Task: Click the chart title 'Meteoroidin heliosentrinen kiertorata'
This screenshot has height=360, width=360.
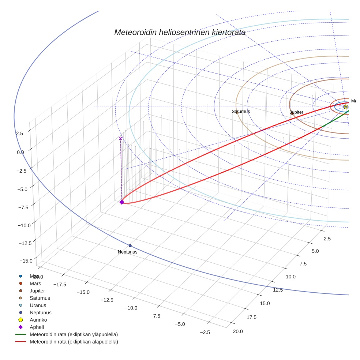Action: point(180,32)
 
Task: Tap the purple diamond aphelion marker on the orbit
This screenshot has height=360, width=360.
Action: point(122,202)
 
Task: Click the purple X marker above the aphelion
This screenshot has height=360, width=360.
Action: point(120,138)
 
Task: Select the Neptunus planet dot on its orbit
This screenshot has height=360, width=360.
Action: point(130,245)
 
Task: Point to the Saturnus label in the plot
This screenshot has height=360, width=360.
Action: point(241,111)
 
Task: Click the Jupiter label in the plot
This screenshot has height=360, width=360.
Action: point(297,112)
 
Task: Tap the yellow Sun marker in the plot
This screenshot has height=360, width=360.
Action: point(345,107)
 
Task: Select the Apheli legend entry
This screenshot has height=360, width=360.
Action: point(37,327)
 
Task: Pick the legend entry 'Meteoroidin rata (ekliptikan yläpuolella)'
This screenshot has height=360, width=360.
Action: point(74,334)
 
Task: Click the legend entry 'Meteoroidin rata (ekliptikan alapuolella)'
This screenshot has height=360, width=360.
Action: point(74,342)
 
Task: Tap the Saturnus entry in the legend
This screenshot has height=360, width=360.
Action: point(40,298)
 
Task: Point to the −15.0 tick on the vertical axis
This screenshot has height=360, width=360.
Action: point(25,260)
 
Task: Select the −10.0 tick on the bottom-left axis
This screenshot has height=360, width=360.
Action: point(131,308)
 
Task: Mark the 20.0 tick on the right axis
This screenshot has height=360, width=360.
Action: point(237,331)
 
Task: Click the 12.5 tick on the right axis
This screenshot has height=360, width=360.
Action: point(278,290)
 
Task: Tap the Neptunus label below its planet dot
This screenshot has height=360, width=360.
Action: point(128,252)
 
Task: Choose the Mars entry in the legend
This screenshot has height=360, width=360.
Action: point(35,283)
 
